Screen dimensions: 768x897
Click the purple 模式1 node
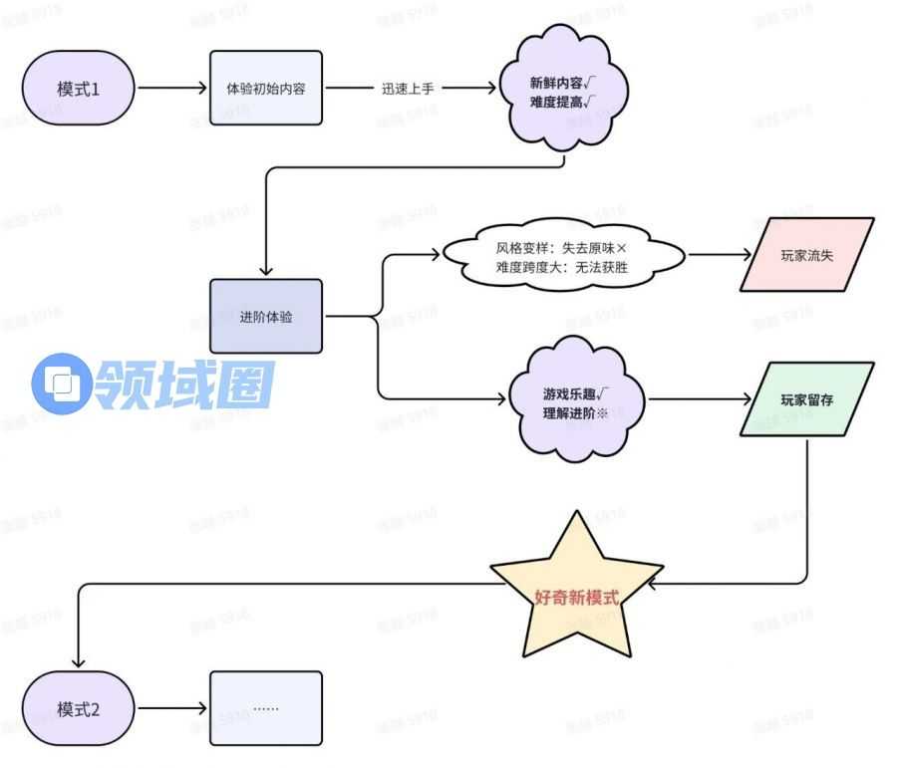[79, 88]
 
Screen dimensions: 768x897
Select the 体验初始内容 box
[266, 88]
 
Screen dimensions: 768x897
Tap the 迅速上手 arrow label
[408, 88]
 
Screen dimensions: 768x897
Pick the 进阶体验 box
[266, 316]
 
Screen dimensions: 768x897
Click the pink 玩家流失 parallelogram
[806, 255]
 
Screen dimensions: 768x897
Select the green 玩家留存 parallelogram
[806, 399]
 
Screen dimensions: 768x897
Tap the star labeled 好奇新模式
[576, 597]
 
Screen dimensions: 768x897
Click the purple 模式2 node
[79, 709]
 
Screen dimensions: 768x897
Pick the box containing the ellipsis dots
[266, 708]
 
